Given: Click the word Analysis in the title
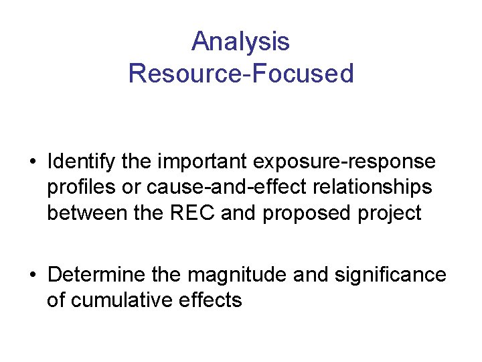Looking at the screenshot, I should point(240,42).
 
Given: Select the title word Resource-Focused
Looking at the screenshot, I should point(240,73).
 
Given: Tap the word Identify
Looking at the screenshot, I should point(78,162).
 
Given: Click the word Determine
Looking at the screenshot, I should point(90,275).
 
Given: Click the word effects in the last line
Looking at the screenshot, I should point(211,300).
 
